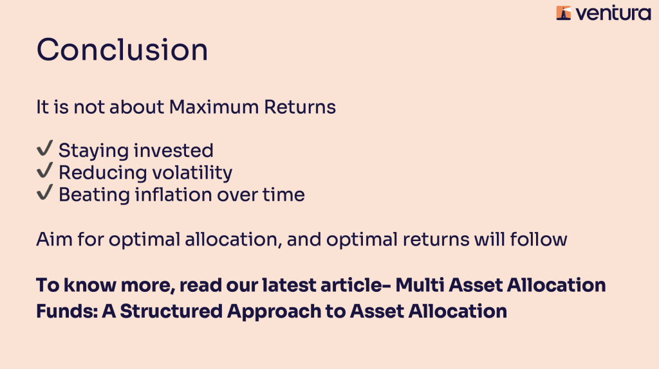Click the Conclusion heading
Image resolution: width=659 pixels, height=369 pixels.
click(x=122, y=50)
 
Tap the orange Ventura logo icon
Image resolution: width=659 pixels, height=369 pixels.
click(x=564, y=13)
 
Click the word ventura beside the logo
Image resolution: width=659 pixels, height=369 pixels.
click(x=613, y=14)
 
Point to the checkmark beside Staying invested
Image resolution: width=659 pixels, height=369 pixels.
click(x=44, y=148)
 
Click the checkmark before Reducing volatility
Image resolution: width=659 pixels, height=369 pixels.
click(x=44, y=170)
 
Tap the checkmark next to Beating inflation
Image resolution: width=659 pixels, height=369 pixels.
click(x=44, y=192)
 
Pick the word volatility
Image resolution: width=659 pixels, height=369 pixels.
click(x=192, y=173)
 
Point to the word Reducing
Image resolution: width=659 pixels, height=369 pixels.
click(x=102, y=173)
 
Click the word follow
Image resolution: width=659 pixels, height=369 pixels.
click(x=539, y=239)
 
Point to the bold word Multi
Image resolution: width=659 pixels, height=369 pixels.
click(x=420, y=285)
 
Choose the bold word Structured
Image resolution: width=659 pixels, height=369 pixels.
click(x=171, y=311)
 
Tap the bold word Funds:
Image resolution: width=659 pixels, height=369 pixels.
click(x=67, y=311)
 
